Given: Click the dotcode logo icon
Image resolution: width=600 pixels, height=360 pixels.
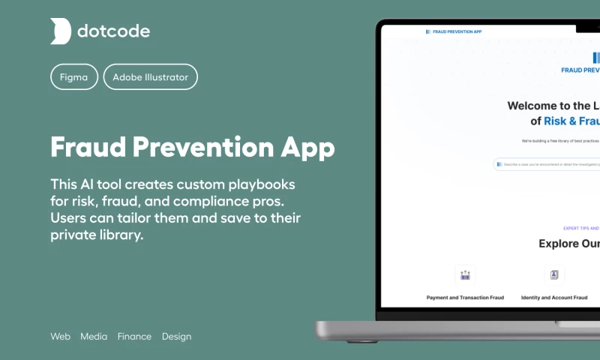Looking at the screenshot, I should point(61,31).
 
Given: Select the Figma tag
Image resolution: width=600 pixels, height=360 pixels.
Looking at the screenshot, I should point(73,77).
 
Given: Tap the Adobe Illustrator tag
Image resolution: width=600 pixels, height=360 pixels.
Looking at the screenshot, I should point(151,77).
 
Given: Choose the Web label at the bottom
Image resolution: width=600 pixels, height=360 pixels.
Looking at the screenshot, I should point(60,337).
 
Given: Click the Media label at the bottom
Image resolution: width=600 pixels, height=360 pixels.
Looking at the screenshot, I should point(94,337).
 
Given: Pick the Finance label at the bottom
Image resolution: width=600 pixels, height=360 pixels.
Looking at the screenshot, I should point(134,337).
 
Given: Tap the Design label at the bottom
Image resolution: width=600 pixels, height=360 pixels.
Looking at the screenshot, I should point(176,337).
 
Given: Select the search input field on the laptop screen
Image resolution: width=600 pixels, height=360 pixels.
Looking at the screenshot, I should point(547,163).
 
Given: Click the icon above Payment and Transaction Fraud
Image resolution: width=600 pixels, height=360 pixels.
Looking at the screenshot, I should point(465,274).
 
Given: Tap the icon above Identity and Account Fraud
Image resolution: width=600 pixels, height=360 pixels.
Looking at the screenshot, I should point(554,274).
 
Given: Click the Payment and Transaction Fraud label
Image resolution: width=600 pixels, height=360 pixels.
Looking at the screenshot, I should point(465,298).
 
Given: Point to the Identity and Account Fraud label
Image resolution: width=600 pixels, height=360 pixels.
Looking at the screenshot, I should point(554,298).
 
